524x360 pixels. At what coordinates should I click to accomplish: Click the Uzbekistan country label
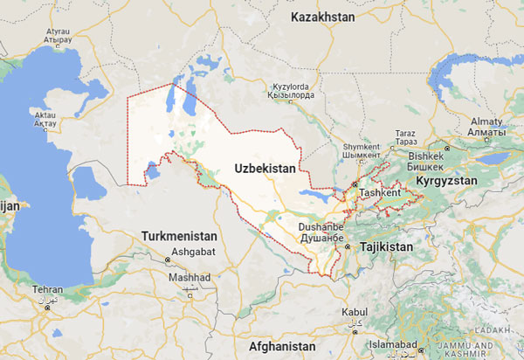(267, 166)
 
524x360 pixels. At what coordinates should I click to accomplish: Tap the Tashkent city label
(380, 191)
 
